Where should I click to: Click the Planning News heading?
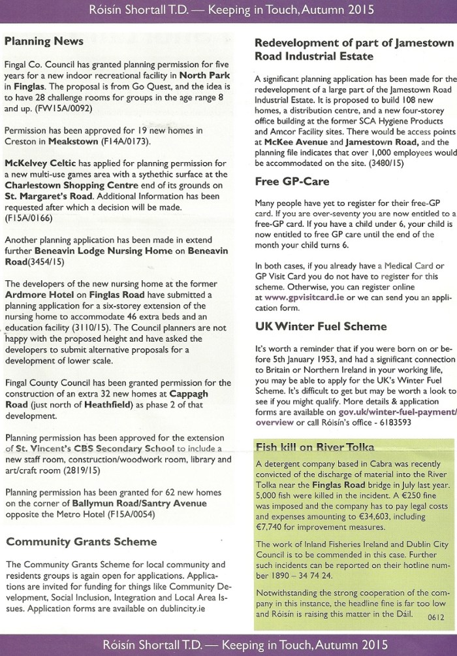coord(44,41)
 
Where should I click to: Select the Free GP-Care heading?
coord(292,181)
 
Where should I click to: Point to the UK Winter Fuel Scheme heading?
coord(321,326)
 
